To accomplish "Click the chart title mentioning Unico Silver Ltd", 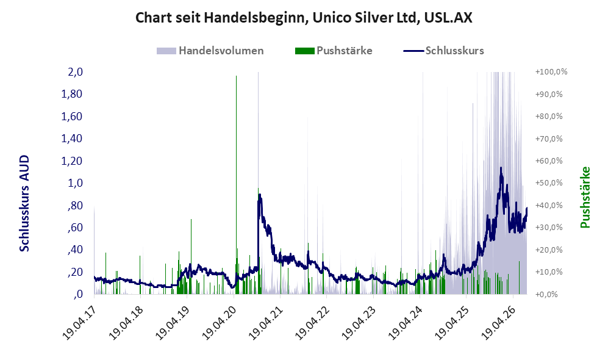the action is (x=304, y=18).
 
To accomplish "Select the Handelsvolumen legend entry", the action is (x=210, y=51).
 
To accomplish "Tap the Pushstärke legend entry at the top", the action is (x=334, y=51).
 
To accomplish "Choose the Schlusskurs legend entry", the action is (x=443, y=51).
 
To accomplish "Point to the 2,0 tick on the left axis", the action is (x=75, y=72).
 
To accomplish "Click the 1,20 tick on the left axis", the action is (x=72, y=160).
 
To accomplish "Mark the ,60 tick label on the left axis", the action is (x=75, y=228).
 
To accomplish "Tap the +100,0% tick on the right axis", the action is (x=551, y=72).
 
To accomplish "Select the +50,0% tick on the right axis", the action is (x=549, y=182).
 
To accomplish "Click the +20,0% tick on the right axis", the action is (x=549, y=250).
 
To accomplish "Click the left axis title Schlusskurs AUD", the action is (x=24, y=203).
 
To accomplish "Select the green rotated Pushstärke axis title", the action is (x=585, y=198).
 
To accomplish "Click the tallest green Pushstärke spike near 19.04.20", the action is (x=236, y=185).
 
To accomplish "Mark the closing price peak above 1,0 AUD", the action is (x=501, y=168).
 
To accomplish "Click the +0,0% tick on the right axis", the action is (x=546, y=294).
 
